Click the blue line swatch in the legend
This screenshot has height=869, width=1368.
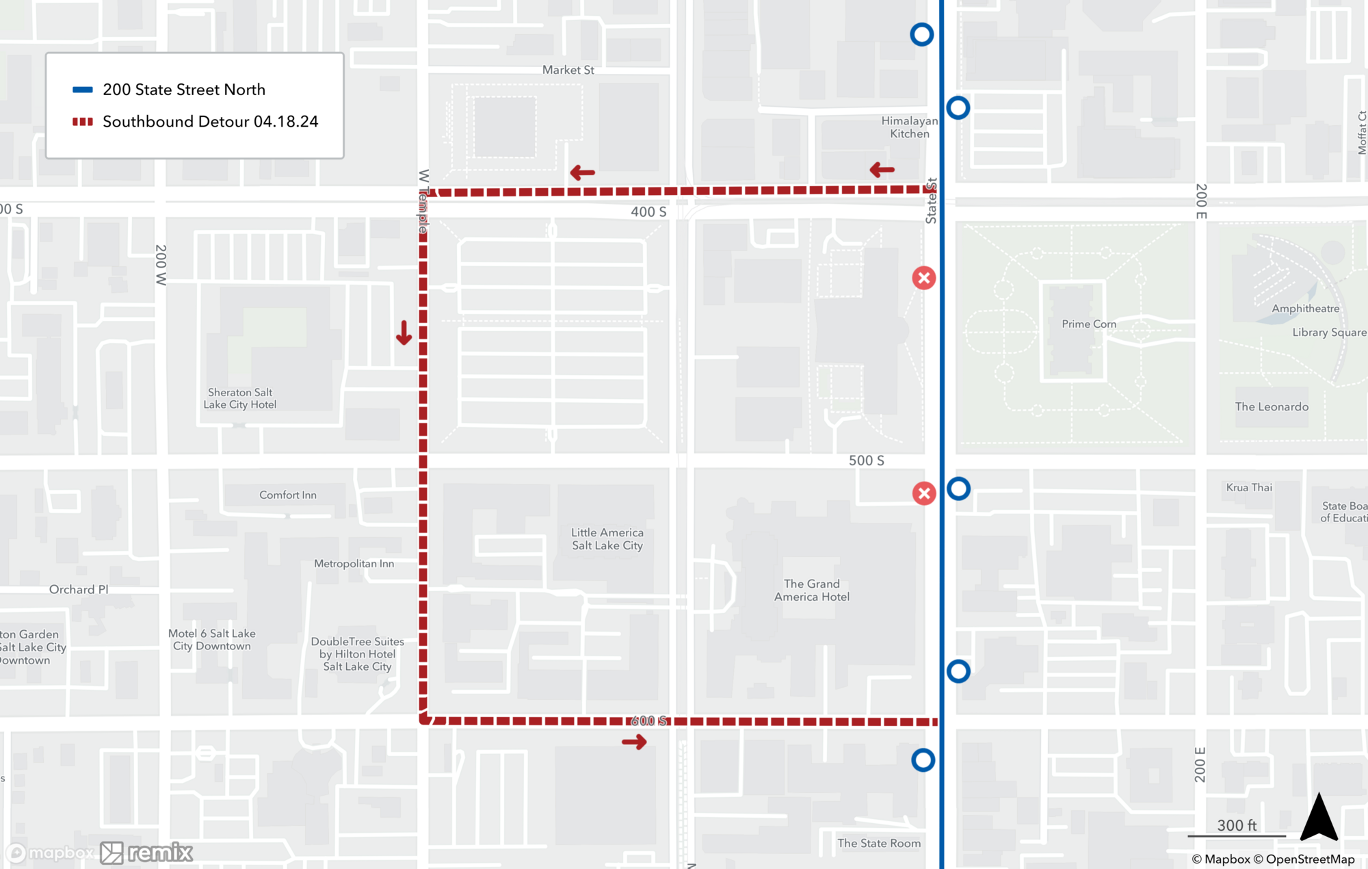coord(83,90)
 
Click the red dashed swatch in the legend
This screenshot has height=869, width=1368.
coord(83,122)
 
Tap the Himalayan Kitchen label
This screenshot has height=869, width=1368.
coord(909,127)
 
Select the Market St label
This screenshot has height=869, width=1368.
coord(568,70)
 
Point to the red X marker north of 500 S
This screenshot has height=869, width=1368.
coord(924,278)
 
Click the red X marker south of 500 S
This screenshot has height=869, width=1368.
coord(924,493)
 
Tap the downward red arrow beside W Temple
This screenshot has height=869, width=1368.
coord(404,333)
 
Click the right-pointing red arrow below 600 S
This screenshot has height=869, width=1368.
coord(634,742)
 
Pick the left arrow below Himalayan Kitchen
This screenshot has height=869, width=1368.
coord(882,170)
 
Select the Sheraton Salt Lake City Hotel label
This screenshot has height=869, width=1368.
coord(240,398)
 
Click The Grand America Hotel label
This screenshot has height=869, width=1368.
coord(812,590)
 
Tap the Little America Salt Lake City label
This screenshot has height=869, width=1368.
coord(607,539)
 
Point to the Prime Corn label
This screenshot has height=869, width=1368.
coord(1088,324)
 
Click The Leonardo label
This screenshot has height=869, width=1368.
coord(1272,406)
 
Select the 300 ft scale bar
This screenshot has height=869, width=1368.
coord(1237,834)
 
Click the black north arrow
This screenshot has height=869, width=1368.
coord(1319,818)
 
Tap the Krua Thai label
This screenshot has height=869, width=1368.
coord(1249,487)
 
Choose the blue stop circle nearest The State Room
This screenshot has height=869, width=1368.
coord(923,760)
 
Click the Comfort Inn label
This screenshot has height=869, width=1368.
coord(288,495)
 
